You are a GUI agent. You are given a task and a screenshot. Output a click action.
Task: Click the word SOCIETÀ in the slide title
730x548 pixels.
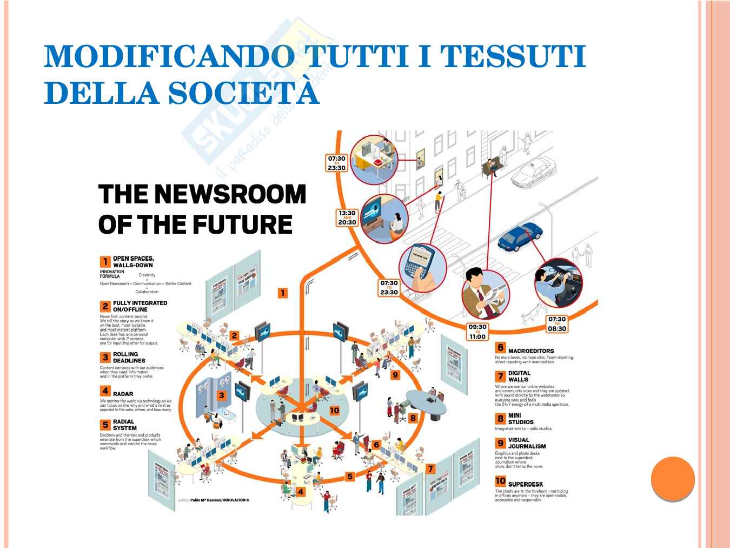(x=243, y=93)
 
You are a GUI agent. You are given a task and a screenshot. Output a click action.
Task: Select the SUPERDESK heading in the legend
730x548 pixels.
(x=525, y=484)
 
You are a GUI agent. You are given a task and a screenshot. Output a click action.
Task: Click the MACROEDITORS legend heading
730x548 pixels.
(x=530, y=351)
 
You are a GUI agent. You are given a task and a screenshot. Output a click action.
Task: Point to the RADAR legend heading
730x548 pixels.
(x=123, y=394)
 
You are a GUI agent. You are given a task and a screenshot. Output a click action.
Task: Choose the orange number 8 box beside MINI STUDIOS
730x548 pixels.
(x=500, y=419)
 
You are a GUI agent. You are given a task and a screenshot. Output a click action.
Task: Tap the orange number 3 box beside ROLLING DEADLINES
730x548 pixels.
(x=105, y=358)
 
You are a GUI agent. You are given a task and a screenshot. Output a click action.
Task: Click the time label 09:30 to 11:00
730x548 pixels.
(x=477, y=331)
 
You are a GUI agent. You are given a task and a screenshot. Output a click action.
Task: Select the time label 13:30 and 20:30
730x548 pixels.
(x=347, y=217)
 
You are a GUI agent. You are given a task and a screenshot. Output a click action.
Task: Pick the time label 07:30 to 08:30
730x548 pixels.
(x=556, y=324)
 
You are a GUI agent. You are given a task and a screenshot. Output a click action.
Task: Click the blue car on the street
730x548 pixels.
(x=520, y=236)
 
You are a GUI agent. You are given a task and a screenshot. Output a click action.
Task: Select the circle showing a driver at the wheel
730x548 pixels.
(x=558, y=282)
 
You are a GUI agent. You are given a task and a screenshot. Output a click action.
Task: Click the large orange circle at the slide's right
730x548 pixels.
(x=673, y=479)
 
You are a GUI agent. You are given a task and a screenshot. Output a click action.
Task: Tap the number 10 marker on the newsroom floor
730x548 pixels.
(x=334, y=411)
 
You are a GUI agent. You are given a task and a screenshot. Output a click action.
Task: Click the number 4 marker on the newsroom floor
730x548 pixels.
(x=301, y=492)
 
